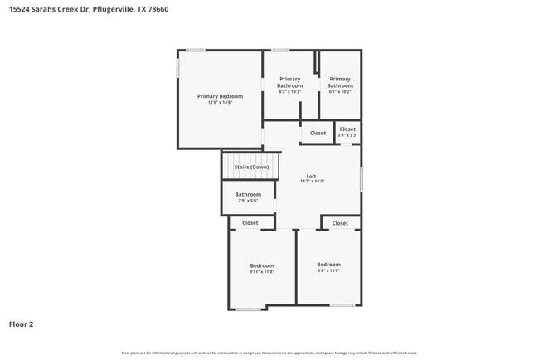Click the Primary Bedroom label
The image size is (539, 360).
coord(220,96)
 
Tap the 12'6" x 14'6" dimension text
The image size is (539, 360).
coord(220,103)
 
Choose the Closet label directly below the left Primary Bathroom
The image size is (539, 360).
coord(318,133)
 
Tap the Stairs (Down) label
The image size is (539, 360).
coord(251,167)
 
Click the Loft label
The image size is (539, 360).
coord(312,176)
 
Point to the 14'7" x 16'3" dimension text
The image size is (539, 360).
coord(312,182)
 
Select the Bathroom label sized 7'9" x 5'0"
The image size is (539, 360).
coord(248,195)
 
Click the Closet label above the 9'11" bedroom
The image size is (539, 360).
coord(250,222)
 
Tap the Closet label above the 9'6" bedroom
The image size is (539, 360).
coord(340,222)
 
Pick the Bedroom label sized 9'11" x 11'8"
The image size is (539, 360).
coord(262,265)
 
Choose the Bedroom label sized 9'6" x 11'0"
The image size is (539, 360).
coord(329,265)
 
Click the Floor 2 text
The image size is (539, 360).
coord(21,324)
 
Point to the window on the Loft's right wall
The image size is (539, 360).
coord(361,179)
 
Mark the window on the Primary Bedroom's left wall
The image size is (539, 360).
coord(177,67)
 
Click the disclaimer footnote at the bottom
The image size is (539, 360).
coord(269,353)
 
